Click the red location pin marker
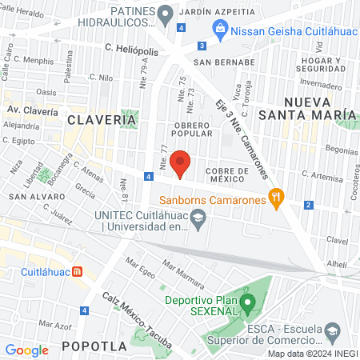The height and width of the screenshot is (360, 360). point(180,163)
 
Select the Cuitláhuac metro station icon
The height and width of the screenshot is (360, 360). point(77,271)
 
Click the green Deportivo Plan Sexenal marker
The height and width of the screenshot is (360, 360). point(248,303)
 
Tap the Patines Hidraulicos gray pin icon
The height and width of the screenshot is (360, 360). point(166,14)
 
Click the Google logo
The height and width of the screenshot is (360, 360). point(26,350)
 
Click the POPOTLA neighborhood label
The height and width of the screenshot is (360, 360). point(94,346)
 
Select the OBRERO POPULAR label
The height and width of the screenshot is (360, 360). point(191,129)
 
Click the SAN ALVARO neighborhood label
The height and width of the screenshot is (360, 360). point(32,196)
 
